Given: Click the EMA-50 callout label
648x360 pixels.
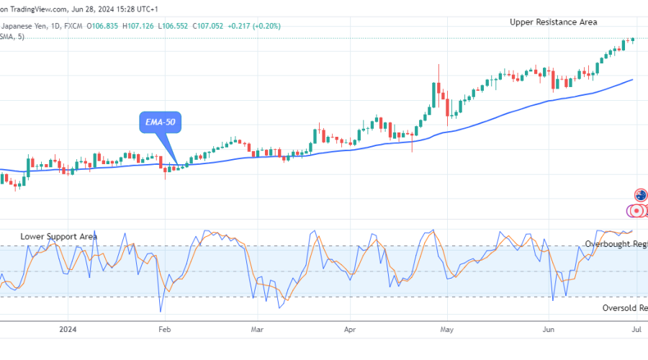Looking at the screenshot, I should [x=160, y=123].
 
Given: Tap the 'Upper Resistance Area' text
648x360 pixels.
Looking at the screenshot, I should [x=553, y=22].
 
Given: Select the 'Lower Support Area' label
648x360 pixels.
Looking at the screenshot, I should [x=58, y=236].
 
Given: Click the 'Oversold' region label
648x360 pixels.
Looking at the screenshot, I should [x=624, y=308].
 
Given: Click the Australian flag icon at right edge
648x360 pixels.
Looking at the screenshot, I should [x=640, y=195].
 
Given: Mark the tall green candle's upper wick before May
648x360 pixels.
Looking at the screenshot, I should [x=439, y=73].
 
